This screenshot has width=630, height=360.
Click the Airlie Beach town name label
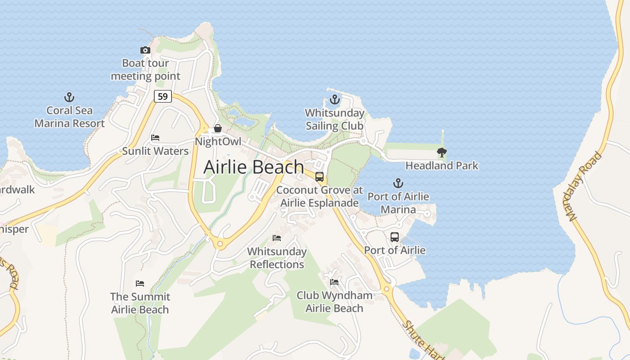(254, 167)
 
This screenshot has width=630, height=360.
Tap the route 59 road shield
(162, 96)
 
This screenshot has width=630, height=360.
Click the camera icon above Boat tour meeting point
(145, 50)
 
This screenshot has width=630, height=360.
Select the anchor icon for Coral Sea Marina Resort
(69, 97)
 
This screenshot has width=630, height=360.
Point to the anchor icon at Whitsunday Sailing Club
(334, 99)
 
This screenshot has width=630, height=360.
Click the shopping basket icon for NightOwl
(217, 129)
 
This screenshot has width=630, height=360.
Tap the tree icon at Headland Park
(442, 153)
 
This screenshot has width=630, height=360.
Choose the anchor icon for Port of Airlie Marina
(398, 183)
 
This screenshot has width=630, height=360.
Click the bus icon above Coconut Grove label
(319, 177)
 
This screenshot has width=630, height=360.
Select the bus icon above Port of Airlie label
(395, 237)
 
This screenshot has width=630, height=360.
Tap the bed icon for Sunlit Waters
(155, 138)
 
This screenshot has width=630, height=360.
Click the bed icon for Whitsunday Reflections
(277, 238)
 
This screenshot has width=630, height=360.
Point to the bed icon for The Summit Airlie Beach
(140, 283)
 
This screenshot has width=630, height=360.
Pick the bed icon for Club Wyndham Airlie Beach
(334, 282)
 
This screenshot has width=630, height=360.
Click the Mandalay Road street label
(585, 187)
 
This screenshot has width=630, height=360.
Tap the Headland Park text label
(441, 166)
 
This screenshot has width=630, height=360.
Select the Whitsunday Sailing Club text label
(334, 119)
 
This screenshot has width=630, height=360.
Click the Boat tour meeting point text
(145, 70)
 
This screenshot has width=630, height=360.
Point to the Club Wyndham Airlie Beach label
(334, 302)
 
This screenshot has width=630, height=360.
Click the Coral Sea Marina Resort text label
(69, 117)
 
